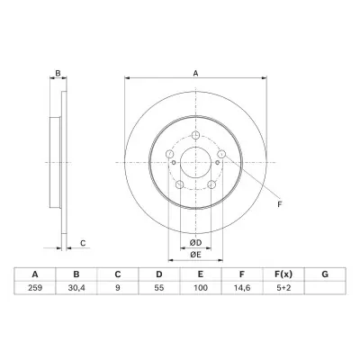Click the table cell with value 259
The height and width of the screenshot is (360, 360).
pyautogui.click(x=35, y=288)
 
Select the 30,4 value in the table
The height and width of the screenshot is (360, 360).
pyautogui.click(x=76, y=288)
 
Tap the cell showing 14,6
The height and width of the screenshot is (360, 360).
pyautogui.click(x=242, y=288)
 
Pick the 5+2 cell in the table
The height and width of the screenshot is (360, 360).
pyautogui.click(x=283, y=288)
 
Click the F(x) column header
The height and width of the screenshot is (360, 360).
pyautogui.click(x=283, y=274)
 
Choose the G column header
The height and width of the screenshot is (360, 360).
pyautogui.click(x=325, y=274)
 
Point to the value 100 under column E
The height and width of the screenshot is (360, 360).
pyautogui.click(x=201, y=288)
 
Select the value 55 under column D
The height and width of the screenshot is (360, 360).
pyautogui.click(x=159, y=288)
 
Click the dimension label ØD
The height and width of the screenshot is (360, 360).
pyautogui.click(x=195, y=243)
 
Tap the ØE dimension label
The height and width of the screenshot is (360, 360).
pyautogui.click(x=195, y=255)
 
